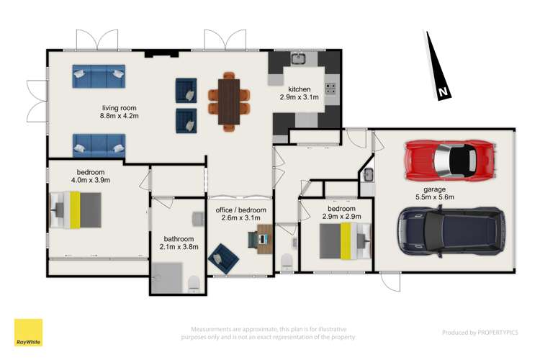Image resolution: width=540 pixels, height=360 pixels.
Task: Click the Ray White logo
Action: click(28, 333)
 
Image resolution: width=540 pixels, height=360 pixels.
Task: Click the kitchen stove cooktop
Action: click(331, 89)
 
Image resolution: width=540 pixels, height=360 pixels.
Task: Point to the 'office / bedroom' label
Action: click(241, 210)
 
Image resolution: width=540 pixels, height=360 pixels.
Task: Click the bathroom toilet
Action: click(193, 284)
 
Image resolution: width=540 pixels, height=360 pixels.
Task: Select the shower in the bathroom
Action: click(167, 278)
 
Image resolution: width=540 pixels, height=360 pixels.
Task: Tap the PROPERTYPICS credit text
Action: click(480, 333)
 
